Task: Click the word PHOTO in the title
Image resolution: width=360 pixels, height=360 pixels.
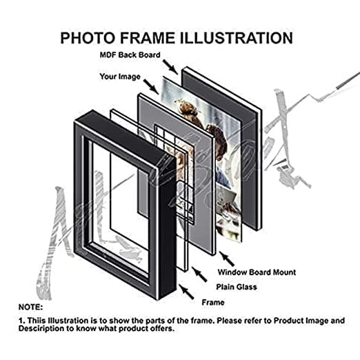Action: click(x=87, y=38)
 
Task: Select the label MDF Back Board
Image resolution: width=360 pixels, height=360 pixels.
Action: click(x=130, y=55)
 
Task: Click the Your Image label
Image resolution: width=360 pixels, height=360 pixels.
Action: click(x=120, y=77)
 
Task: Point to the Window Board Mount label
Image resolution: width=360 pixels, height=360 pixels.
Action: click(x=257, y=272)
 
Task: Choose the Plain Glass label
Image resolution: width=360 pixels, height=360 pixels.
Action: click(x=237, y=287)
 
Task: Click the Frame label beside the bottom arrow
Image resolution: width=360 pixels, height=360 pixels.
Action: click(x=213, y=302)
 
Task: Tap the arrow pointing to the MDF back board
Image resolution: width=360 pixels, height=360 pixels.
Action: click(x=170, y=67)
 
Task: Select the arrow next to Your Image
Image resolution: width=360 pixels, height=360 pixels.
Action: click(x=151, y=87)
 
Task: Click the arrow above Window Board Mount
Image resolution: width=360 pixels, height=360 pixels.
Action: click(x=226, y=259)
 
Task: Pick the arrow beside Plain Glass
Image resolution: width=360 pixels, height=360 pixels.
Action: click(x=199, y=274)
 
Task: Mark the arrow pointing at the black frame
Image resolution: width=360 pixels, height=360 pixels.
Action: click(x=186, y=292)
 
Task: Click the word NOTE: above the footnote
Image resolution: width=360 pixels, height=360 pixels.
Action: click(x=30, y=307)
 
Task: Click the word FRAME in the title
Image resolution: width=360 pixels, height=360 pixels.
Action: click(x=147, y=38)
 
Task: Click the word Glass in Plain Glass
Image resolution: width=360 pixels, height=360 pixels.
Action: click(x=246, y=287)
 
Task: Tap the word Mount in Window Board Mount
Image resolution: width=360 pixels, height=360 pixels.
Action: click(x=284, y=272)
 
